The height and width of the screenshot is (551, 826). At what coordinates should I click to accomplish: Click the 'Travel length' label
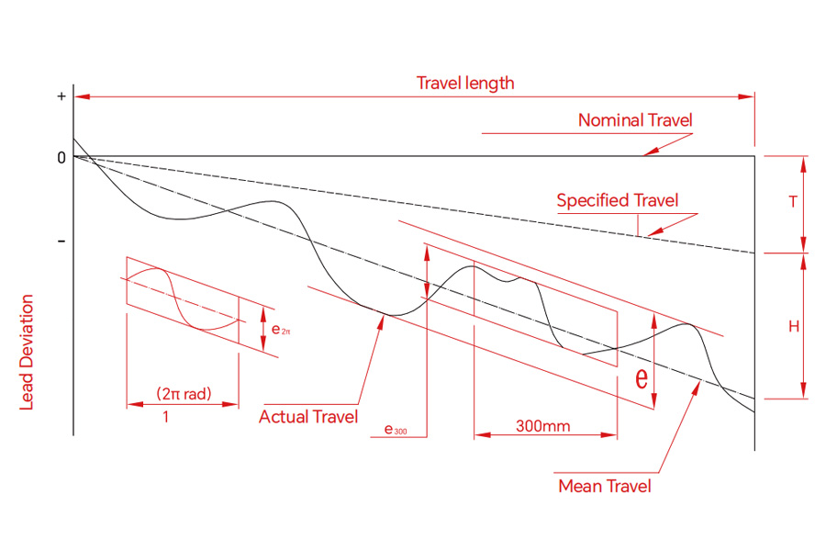[x=465, y=83]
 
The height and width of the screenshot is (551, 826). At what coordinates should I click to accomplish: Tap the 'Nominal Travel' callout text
[x=635, y=120]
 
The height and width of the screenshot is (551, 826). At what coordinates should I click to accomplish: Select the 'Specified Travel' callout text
[x=618, y=200]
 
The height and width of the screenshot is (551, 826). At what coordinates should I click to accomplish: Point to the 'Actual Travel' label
[x=308, y=417]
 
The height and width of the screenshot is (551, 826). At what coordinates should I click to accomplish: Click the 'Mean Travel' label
[x=605, y=486]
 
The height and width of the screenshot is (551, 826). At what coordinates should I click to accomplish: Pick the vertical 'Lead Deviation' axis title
[x=27, y=353]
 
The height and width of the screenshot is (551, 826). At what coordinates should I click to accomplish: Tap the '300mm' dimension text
[x=542, y=425]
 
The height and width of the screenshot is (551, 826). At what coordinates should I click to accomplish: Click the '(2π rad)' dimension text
[x=184, y=393]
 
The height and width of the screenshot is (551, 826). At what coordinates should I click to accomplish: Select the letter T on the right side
[x=793, y=201]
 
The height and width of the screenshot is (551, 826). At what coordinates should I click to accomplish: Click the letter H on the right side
[x=794, y=326]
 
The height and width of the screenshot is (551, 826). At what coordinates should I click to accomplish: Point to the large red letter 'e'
[x=642, y=377]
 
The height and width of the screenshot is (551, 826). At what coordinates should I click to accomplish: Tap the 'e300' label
[x=395, y=429]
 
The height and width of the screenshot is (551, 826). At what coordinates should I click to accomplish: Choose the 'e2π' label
[x=281, y=330]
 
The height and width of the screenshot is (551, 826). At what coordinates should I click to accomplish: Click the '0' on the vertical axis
[x=61, y=158]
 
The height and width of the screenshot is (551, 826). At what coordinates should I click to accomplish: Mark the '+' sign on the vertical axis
[x=61, y=96]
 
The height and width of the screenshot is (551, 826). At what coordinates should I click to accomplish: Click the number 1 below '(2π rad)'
[x=166, y=417]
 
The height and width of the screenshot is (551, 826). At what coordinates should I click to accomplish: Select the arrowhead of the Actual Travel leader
[x=382, y=320]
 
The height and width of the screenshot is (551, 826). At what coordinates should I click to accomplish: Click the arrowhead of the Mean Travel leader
[x=698, y=386]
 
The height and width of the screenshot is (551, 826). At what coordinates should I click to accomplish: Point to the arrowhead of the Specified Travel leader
[x=653, y=233]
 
